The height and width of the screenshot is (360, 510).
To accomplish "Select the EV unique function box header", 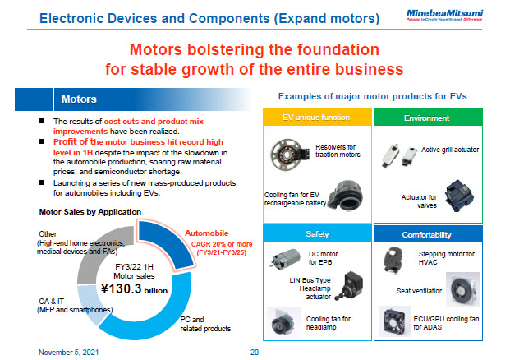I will [x=316, y=119].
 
